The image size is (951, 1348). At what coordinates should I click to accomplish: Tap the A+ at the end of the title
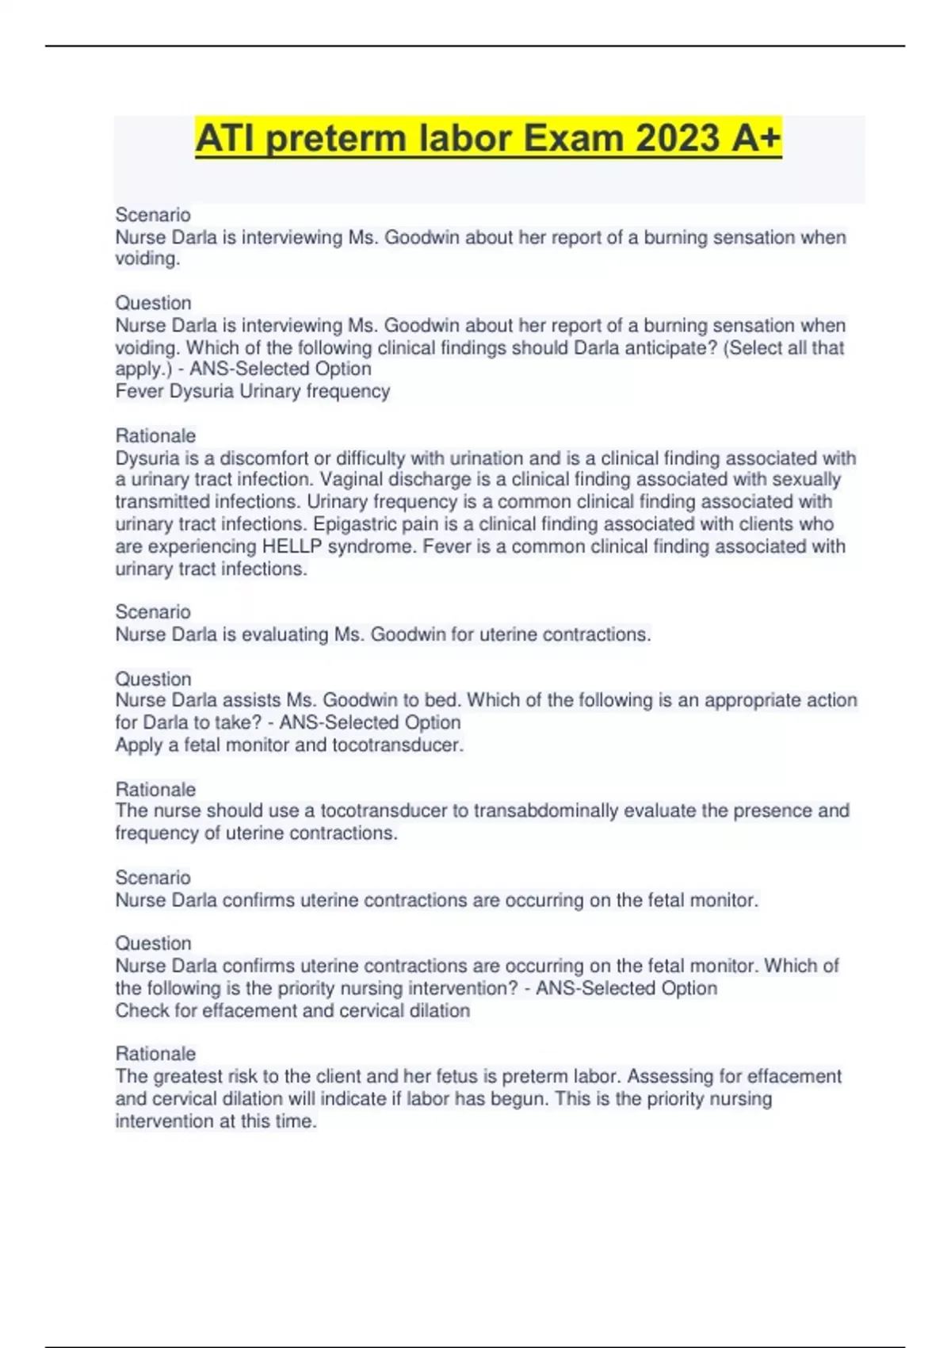click(757, 138)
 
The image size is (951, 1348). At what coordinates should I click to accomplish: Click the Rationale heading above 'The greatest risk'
click(155, 1054)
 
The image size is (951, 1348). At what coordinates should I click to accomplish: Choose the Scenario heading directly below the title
click(153, 215)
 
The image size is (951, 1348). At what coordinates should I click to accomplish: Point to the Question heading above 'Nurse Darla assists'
click(153, 679)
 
